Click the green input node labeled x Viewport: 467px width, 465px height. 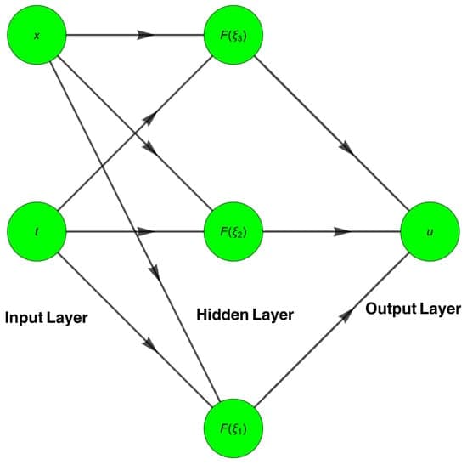click(36, 36)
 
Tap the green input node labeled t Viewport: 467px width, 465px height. click(36, 231)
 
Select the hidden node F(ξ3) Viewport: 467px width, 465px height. click(233, 36)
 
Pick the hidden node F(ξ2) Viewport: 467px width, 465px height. click(233, 231)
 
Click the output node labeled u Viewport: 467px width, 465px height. click(430, 231)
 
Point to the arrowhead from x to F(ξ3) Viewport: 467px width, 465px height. click(145, 36)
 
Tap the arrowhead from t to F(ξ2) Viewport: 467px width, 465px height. click(145, 231)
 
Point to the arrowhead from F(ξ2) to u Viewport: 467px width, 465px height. click(343, 231)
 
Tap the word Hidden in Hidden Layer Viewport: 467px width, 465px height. click(221, 315)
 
